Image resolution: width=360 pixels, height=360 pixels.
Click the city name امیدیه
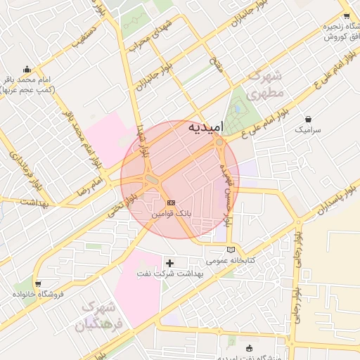point(206,127)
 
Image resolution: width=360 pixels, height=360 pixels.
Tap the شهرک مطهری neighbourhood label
point(268,84)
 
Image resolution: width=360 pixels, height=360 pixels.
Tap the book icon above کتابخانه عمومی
point(231,249)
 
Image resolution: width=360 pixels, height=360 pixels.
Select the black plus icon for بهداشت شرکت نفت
point(169,263)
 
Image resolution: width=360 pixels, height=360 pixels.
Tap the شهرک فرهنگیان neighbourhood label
point(103,316)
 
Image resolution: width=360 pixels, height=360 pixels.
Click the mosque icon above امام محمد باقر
point(27,69)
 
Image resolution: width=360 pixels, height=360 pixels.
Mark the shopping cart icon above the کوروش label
point(346,15)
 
